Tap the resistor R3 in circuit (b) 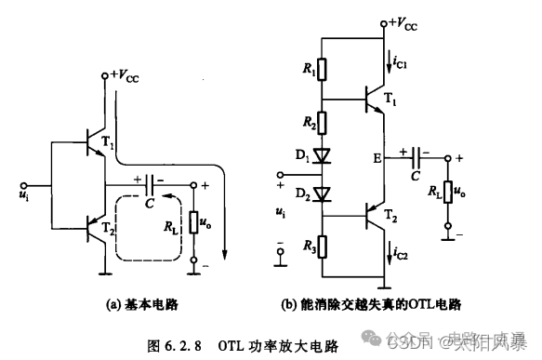click(321, 248)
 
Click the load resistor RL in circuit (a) click(193, 223)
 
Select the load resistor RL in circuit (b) click(448, 191)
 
